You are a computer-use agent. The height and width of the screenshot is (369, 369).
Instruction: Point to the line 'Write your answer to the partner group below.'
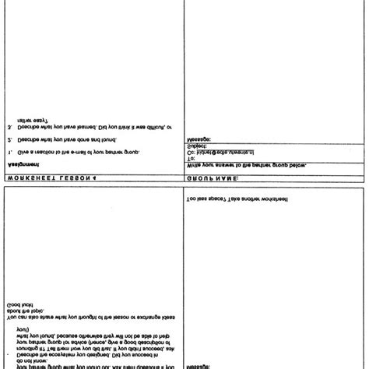pyautogui.click(x=247, y=164)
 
